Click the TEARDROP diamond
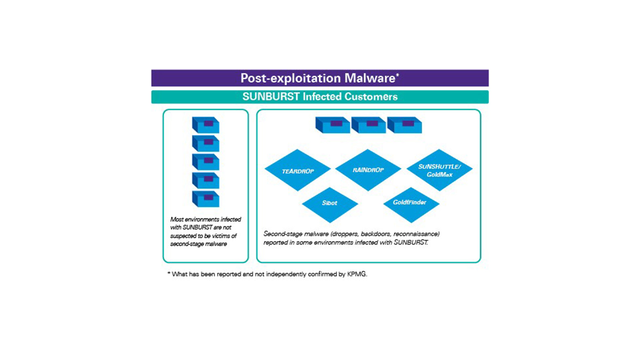coord(297,171)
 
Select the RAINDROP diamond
coord(368,170)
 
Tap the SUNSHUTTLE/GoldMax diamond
coord(439,170)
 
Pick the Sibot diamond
coord(329,203)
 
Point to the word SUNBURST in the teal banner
coord(271,97)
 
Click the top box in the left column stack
coord(206,125)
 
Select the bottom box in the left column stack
coord(206,199)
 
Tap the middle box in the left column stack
coord(206,162)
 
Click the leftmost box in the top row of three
coord(332,125)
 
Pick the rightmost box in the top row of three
coord(404,125)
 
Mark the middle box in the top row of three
coord(368,125)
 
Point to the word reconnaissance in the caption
coord(416,234)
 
